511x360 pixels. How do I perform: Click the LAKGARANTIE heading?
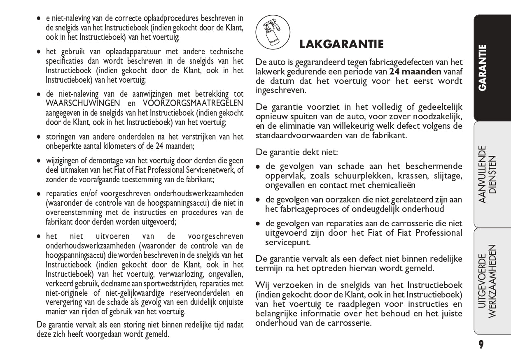[x=341, y=44]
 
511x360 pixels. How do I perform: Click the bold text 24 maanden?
[x=415, y=72]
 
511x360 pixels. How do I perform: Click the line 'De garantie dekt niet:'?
[x=296, y=152]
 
